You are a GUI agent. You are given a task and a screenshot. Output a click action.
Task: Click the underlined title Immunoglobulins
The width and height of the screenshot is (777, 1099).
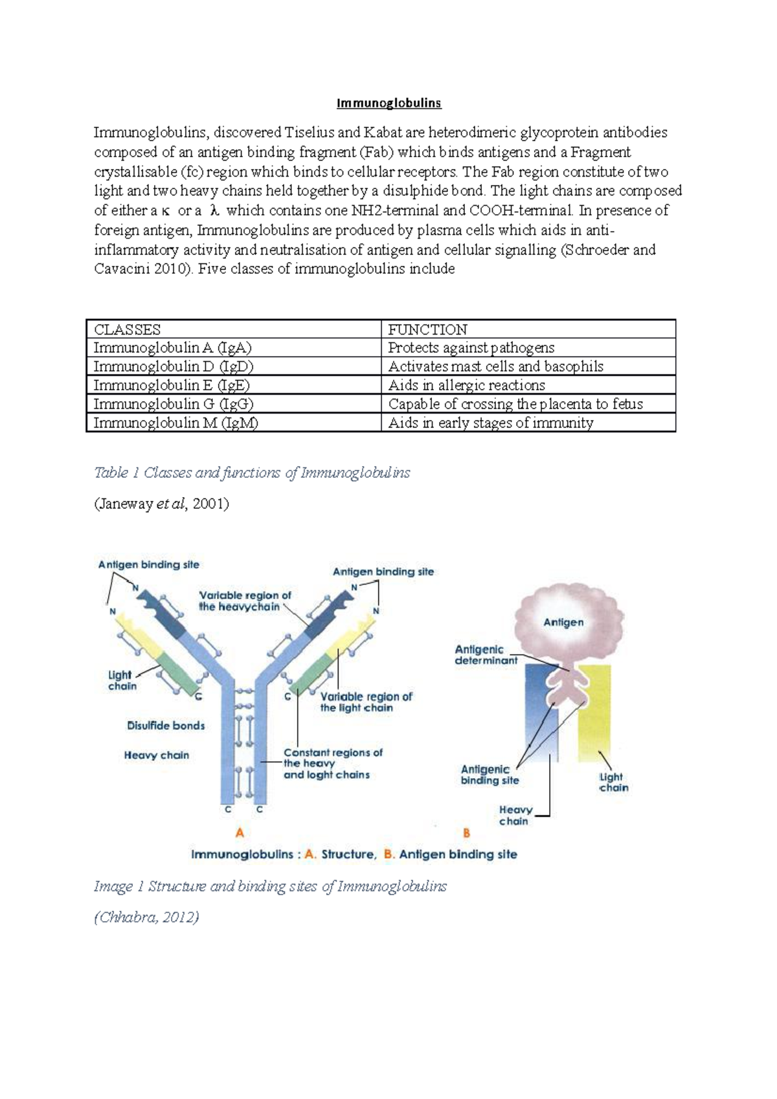tap(388, 103)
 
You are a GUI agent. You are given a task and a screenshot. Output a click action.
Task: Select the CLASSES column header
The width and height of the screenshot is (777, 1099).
tap(128, 329)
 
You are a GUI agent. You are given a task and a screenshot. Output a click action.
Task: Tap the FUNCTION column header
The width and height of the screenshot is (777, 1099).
tap(427, 329)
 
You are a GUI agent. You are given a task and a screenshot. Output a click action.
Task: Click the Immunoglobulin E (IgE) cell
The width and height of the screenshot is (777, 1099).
tap(172, 385)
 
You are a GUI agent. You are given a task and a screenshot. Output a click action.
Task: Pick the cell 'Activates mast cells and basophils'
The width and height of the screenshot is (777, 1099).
tap(495, 366)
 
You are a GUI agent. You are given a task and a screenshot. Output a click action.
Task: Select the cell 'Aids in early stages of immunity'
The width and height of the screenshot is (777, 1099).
tap(490, 423)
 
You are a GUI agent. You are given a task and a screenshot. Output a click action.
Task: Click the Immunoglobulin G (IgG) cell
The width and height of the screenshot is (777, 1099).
tap(173, 404)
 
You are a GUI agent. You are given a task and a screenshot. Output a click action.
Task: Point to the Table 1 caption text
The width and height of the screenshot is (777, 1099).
tap(252, 472)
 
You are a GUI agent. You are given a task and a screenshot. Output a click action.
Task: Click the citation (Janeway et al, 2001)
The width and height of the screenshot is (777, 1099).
tap(161, 504)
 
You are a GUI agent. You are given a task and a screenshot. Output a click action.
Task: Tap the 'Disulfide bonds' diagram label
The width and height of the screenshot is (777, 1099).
tap(166, 726)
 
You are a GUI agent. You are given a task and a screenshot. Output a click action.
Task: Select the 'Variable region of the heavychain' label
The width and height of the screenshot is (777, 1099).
tap(244, 601)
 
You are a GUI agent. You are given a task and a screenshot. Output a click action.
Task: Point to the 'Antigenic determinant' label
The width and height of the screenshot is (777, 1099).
tap(486, 654)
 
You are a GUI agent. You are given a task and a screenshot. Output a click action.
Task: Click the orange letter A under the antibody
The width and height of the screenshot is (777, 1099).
tap(240, 832)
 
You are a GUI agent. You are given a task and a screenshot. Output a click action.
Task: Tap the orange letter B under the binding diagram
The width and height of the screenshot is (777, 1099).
tap(466, 833)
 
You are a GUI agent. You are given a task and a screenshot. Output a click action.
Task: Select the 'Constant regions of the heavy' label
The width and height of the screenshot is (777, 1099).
tap(333, 758)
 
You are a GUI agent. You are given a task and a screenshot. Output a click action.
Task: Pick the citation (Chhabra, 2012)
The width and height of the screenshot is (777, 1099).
tap(146, 916)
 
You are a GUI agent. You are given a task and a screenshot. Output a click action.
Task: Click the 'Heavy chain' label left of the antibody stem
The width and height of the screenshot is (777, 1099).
tap(156, 755)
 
